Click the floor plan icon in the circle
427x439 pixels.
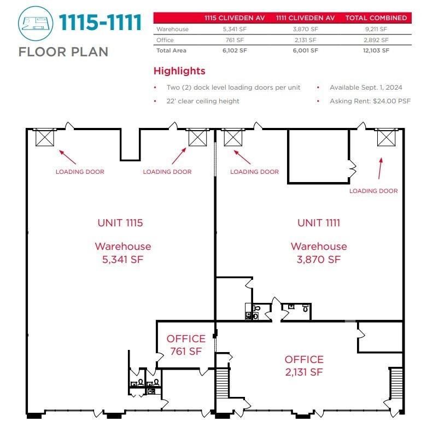(x=36, y=24)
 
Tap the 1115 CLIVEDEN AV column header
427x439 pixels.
(x=235, y=18)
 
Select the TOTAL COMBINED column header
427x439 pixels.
(x=376, y=18)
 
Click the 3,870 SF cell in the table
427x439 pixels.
(x=305, y=29)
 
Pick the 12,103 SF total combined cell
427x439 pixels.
(x=376, y=50)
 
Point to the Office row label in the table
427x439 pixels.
(x=165, y=40)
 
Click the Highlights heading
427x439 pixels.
(x=179, y=71)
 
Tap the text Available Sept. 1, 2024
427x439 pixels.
(x=366, y=87)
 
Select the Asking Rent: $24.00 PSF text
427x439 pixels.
(x=370, y=101)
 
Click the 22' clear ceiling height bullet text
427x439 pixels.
(x=203, y=101)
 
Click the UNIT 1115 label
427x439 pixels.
(x=120, y=223)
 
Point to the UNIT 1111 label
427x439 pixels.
(x=319, y=223)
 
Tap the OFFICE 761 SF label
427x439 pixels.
(x=186, y=345)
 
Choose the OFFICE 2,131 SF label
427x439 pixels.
(x=304, y=366)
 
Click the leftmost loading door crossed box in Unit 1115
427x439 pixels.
(x=45, y=137)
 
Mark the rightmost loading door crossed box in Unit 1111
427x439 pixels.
(x=387, y=137)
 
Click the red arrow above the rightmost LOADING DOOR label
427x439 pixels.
(x=380, y=168)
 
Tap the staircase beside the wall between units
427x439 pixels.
(x=223, y=383)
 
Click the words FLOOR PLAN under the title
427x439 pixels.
(x=63, y=52)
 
